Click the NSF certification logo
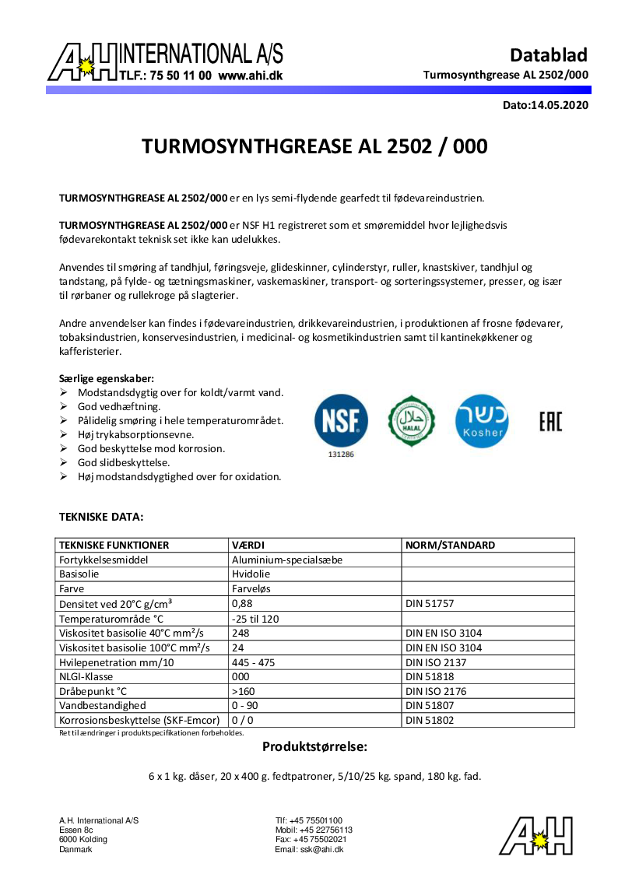click(x=341, y=420)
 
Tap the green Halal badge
click(x=412, y=420)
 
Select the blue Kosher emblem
click(x=482, y=420)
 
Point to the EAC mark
click(x=550, y=421)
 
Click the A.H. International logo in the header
click(x=165, y=62)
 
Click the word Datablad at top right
click(x=548, y=54)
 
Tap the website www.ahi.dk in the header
click(x=250, y=76)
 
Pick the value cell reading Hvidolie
click(x=251, y=574)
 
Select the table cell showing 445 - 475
click(x=253, y=662)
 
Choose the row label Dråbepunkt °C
click(x=93, y=691)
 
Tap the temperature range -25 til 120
click(x=255, y=618)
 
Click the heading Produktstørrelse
click(x=314, y=746)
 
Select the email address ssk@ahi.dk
click(x=321, y=850)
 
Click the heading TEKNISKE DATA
click(x=101, y=516)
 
